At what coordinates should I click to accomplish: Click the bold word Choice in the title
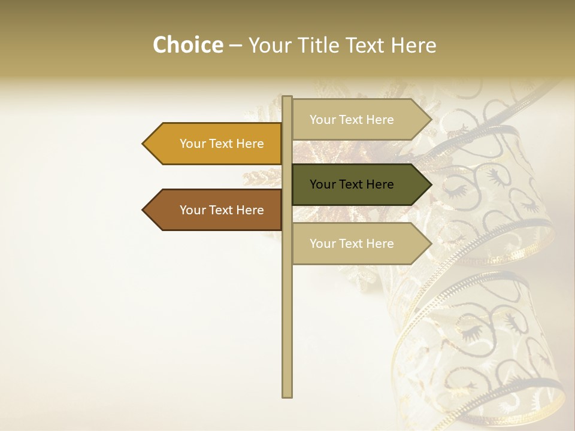(187, 45)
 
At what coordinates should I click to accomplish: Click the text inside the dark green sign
(352, 184)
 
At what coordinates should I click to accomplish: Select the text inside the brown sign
(222, 210)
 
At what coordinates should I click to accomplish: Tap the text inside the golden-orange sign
(222, 144)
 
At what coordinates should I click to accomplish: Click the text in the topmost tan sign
(352, 120)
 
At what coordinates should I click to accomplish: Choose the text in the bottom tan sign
(352, 244)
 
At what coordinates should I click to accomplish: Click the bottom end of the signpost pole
(287, 394)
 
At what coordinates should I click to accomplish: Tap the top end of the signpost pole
(287, 98)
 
